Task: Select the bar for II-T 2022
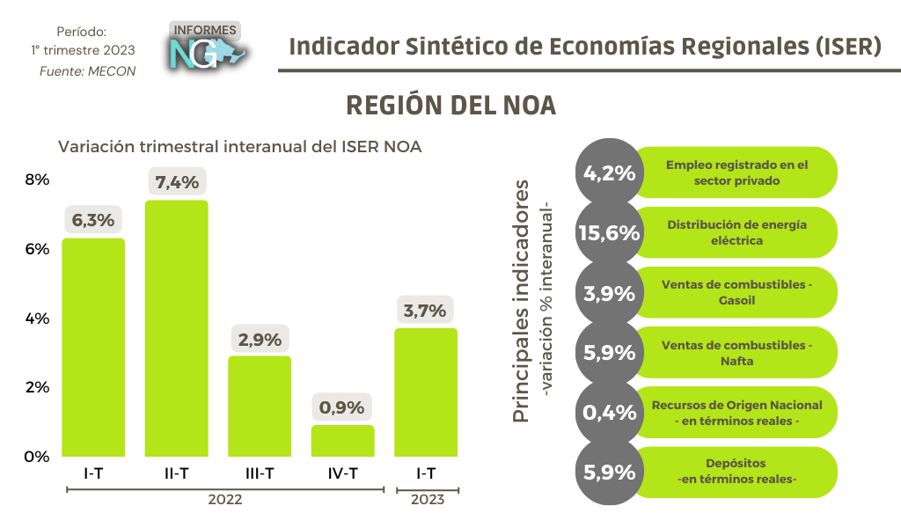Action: click(176, 328)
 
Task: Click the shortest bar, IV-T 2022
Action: click(342, 441)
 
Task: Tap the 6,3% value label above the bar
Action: click(93, 220)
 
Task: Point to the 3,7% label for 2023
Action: click(426, 310)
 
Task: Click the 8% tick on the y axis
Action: click(36, 180)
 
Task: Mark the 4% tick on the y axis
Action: click(36, 318)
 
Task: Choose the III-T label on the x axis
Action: click(260, 473)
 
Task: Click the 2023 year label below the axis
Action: click(427, 500)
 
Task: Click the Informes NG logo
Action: click(206, 47)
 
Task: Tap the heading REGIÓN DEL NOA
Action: click(451, 105)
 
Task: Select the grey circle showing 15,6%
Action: click(608, 232)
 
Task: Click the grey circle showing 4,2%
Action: click(608, 172)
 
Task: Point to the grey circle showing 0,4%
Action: click(608, 413)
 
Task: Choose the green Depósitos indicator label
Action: click(736, 472)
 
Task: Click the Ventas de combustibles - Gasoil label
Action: click(736, 292)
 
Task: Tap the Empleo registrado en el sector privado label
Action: click(736, 172)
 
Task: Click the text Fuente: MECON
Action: click(88, 71)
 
